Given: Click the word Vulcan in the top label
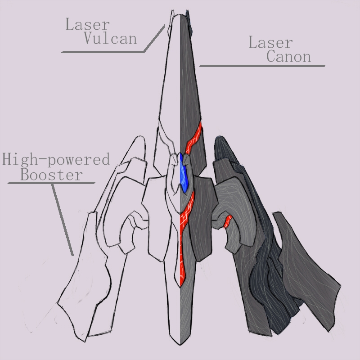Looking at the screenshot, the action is (x=110, y=38).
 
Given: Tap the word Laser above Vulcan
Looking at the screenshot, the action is (x=87, y=24).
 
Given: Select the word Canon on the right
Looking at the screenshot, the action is (x=288, y=56).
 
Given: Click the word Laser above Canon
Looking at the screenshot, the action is (x=270, y=42).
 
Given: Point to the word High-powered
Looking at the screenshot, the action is (x=56, y=159).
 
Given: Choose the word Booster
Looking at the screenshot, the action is (x=51, y=175).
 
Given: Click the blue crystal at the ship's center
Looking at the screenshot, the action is (x=184, y=173).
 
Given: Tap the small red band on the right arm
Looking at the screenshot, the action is (x=228, y=221).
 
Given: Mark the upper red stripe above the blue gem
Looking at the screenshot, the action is (x=193, y=139).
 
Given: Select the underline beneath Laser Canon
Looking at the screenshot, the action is (x=262, y=66).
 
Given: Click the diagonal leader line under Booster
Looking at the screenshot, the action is (x=63, y=220).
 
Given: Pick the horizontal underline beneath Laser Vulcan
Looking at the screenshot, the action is (x=103, y=52).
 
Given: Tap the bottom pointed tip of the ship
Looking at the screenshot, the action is (x=180, y=344).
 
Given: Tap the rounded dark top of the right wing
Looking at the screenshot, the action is (x=220, y=139).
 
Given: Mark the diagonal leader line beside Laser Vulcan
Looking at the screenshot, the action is (x=154, y=38).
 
